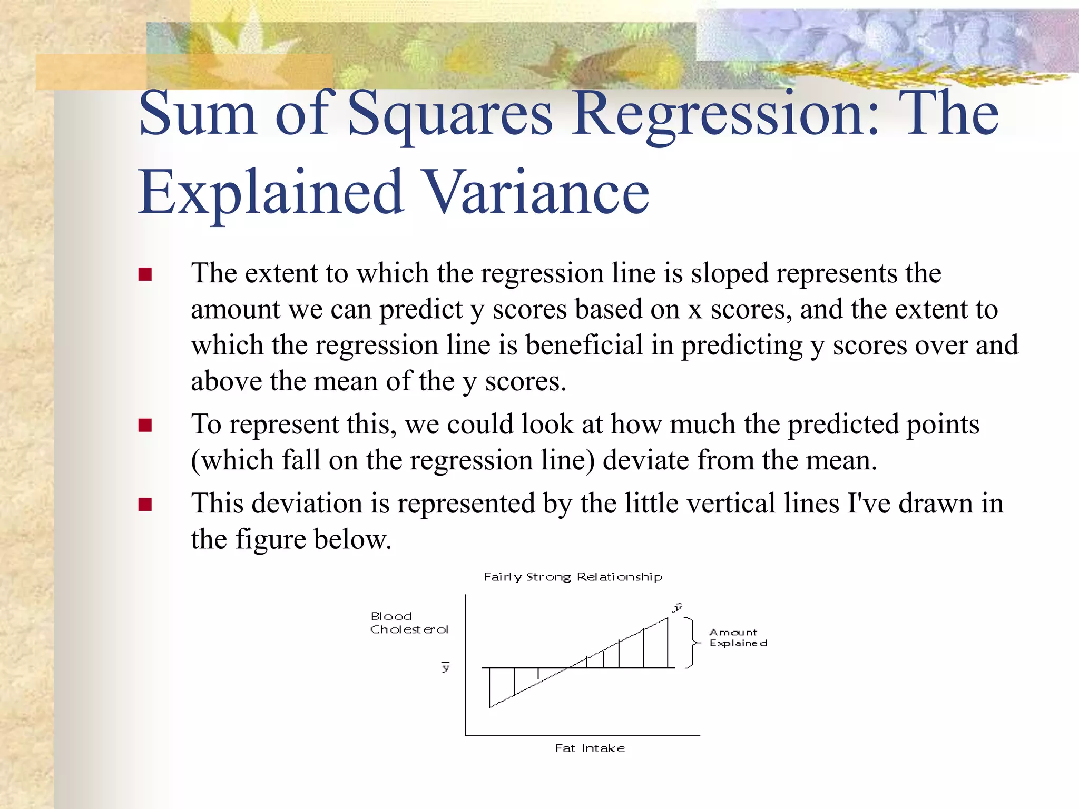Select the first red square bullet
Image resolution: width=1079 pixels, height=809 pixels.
click(x=145, y=274)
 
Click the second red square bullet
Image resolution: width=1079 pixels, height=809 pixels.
click(x=145, y=425)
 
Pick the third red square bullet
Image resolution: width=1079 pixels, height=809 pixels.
click(x=145, y=505)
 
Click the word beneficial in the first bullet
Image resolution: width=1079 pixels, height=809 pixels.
click(x=584, y=346)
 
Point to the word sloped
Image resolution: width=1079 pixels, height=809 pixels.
click(x=730, y=274)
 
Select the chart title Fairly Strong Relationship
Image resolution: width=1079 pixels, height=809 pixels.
click(x=573, y=577)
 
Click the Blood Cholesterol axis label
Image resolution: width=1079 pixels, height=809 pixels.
click(x=409, y=623)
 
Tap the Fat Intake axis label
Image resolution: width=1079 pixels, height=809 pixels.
click(x=590, y=748)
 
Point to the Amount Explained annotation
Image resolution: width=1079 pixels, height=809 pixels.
click(x=738, y=638)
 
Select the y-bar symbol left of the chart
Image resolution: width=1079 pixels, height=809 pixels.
click(x=446, y=667)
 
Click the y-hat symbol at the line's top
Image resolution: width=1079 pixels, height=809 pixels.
click(x=678, y=608)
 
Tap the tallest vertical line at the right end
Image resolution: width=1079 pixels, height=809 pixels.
click(x=668, y=643)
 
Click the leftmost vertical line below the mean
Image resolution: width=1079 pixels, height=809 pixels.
click(x=490, y=687)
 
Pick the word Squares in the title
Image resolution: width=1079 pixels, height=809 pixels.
click(x=450, y=113)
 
